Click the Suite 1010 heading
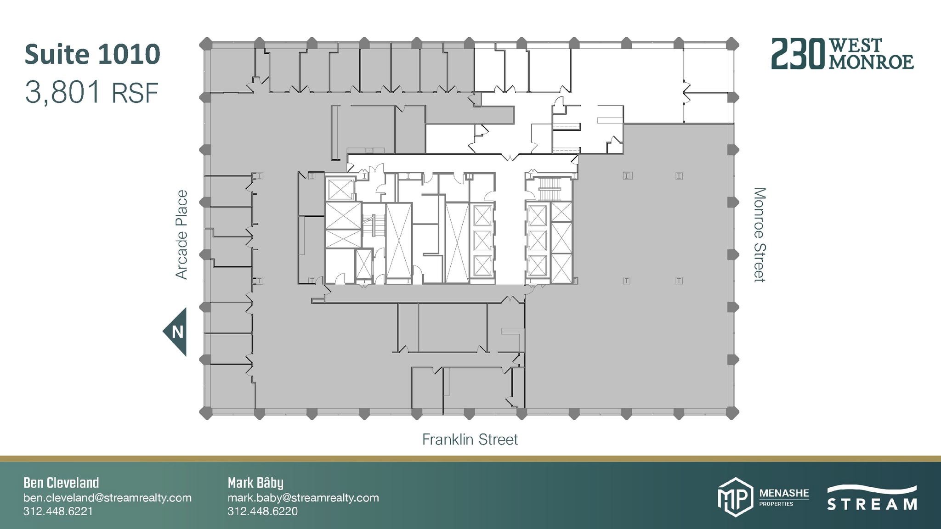(x=92, y=54)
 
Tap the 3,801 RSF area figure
(x=91, y=92)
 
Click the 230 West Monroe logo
(x=842, y=54)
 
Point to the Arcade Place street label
(x=181, y=235)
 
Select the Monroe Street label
(x=760, y=235)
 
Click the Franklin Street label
(x=470, y=439)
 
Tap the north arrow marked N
(x=176, y=332)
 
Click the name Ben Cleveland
(x=61, y=483)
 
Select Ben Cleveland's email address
(x=108, y=498)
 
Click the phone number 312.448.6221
(x=58, y=511)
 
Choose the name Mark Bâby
(x=255, y=483)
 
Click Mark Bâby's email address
(x=303, y=498)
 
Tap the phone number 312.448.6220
(x=262, y=511)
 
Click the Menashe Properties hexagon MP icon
(x=735, y=497)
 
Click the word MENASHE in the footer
(x=784, y=493)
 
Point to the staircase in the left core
(x=373, y=226)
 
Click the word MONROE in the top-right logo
(x=871, y=62)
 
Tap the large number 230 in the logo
(x=798, y=54)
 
